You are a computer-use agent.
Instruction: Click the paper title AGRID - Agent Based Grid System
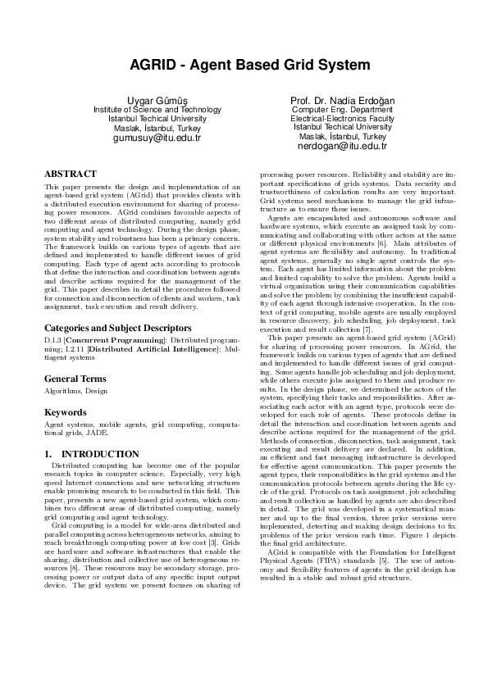coord(244,65)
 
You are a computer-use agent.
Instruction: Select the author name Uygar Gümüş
coord(157,100)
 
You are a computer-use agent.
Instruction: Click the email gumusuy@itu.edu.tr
coord(157,138)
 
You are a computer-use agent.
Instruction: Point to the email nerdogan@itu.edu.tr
coord(342,146)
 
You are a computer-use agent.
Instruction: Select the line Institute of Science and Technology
coord(157,110)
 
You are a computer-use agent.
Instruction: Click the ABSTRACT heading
coord(70,175)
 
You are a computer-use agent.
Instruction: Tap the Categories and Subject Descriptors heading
coord(114,328)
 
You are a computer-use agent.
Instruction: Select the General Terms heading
coord(75,379)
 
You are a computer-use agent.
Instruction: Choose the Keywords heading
coord(65,412)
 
